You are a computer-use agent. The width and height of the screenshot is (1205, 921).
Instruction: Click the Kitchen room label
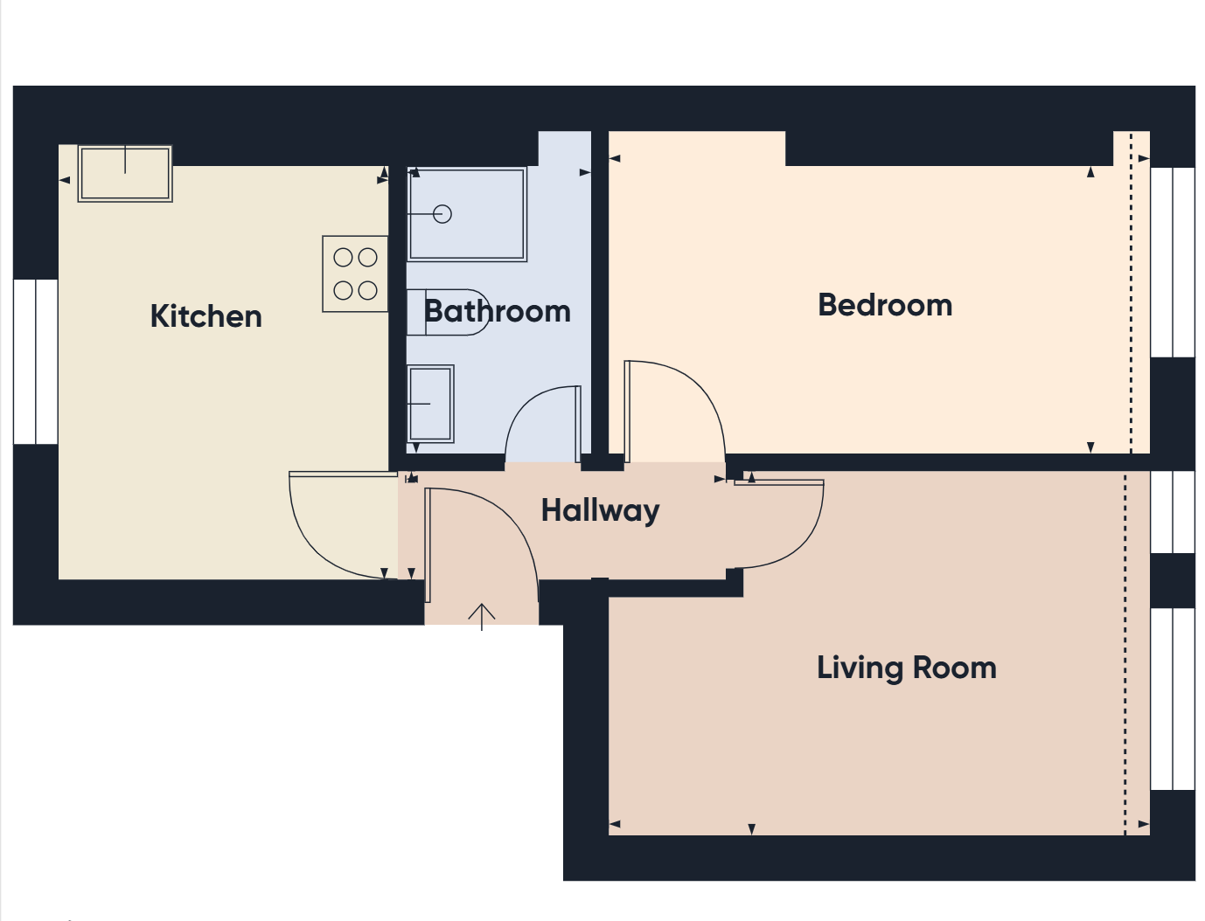point(205,316)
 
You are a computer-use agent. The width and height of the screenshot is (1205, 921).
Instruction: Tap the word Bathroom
point(498,312)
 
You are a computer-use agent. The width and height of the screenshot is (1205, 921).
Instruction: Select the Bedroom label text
point(885,305)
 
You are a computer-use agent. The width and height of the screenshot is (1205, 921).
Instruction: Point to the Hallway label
point(600,511)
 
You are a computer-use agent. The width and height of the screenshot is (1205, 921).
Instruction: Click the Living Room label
point(906,668)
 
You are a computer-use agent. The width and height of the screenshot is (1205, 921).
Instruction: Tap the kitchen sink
point(125,173)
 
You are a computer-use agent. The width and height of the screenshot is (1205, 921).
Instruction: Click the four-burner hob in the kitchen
point(355,274)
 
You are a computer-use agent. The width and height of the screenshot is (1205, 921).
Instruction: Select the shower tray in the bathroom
point(467,214)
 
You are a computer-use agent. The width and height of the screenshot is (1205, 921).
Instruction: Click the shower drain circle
point(442,214)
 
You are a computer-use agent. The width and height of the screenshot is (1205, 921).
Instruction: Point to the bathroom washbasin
point(430,404)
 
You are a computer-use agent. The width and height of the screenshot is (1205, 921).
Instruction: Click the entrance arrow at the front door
point(482,617)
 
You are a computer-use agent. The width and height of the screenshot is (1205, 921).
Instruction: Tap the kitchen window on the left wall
point(36,362)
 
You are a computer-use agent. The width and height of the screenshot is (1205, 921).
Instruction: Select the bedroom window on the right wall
point(1173,262)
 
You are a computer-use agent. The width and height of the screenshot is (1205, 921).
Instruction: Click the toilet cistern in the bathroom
point(416,312)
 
